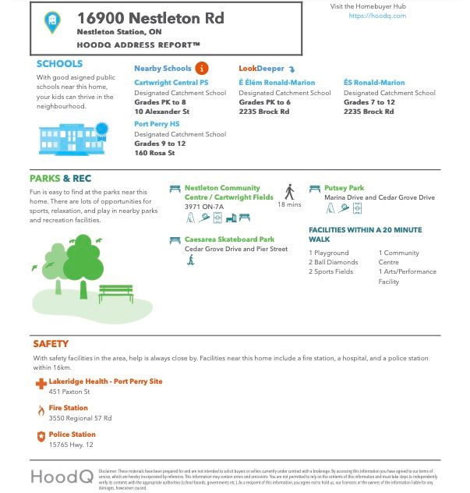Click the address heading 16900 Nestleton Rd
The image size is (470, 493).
click(150, 18)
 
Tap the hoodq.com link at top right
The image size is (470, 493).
click(367, 16)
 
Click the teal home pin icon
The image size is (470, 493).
click(52, 22)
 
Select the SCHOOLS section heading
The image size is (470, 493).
click(59, 64)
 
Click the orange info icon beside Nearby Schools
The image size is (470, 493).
click(202, 69)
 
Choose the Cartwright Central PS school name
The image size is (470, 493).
click(171, 83)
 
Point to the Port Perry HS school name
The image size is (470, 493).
click(157, 124)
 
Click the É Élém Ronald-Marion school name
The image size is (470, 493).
click(277, 83)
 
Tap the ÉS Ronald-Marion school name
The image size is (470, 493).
click(374, 83)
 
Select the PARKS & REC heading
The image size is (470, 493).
click(60, 179)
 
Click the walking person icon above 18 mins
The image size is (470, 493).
click(289, 191)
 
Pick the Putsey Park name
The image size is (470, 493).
click(344, 188)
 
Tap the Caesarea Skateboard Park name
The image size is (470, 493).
click(229, 239)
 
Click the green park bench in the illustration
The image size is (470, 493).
click(115, 293)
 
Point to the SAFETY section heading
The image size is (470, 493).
click(51, 344)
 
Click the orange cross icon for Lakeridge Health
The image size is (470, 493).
click(41, 383)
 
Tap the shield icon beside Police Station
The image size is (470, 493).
click(41, 436)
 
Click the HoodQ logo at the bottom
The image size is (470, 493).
click(61, 476)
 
